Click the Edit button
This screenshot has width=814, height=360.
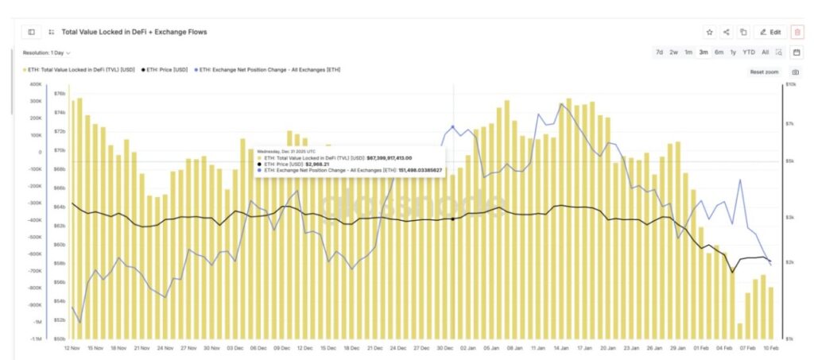770,32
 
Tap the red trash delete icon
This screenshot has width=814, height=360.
797,32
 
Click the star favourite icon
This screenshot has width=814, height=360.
709,32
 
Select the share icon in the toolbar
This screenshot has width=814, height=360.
726,32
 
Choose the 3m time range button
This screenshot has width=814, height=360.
703,52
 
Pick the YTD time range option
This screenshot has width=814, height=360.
748,52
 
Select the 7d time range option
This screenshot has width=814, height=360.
659,52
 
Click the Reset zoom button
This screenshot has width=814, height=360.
764,72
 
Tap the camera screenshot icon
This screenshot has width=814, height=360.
796,72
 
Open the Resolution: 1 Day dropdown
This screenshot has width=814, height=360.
46,52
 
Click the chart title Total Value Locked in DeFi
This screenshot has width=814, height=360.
134,32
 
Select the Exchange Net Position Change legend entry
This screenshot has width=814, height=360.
270,70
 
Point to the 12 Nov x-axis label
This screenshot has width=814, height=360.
72,347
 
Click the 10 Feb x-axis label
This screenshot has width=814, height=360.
770,347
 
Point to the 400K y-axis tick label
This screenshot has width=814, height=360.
35,83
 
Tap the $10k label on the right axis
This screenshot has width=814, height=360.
790,83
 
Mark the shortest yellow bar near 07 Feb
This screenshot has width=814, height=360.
740,329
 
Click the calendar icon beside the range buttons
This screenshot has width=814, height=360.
797,52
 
